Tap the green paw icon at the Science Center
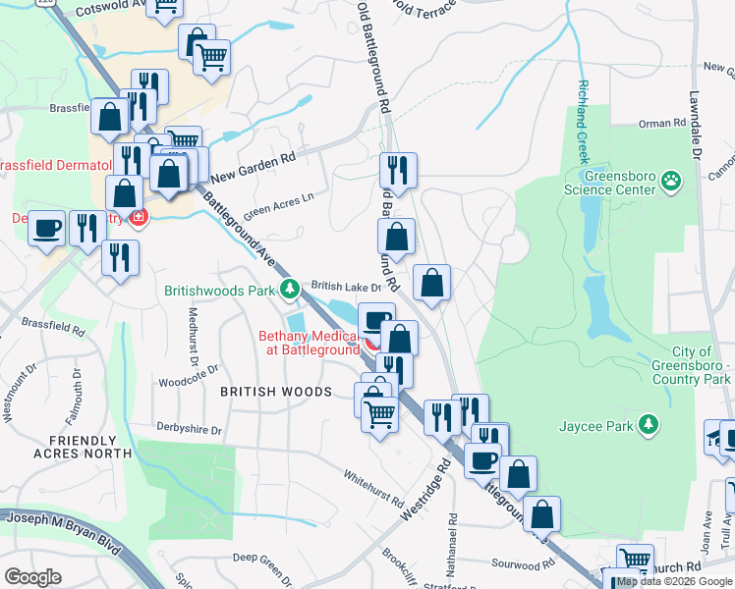pos(671,180)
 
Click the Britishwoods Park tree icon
pos(289,289)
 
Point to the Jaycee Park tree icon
pos(648,424)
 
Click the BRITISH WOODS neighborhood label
pos(275,392)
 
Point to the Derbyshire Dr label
pos(190,430)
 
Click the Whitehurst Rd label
pos(373,486)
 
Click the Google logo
pos(32,577)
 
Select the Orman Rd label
pos(660,124)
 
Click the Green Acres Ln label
pos(278,204)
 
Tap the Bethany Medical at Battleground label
pos(309,343)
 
